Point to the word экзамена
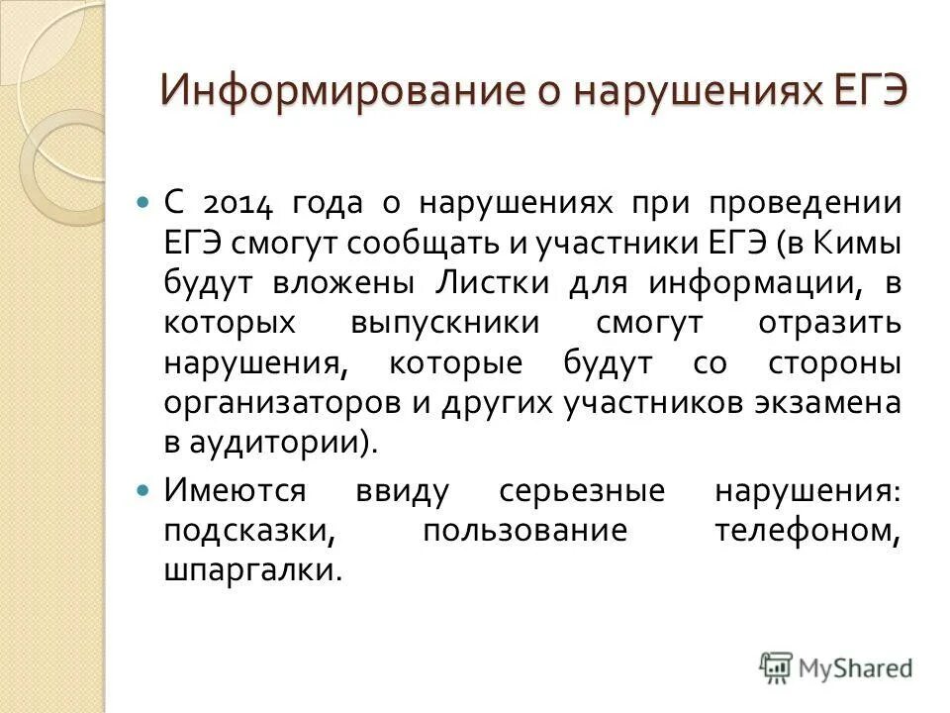tap(815, 403)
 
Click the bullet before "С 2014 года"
tap(142, 202)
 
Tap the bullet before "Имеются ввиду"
tap(142, 489)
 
